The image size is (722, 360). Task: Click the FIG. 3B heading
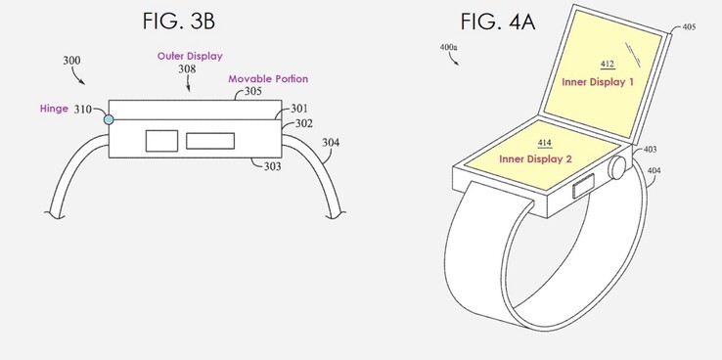(x=179, y=22)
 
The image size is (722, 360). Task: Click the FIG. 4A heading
(x=497, y=22)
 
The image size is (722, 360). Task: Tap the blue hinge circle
(x=109, y=119)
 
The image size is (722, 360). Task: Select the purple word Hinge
(x=55, y=110)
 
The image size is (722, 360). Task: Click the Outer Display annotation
(x=190, y=56)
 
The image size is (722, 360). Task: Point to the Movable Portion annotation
(x=268, y=79)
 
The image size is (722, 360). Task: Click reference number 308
(x=187, y=69)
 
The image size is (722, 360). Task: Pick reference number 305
(x=252, y=91)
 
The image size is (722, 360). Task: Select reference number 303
(x=273, y=166)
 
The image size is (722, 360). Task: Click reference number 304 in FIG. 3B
(x=331, y=143)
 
